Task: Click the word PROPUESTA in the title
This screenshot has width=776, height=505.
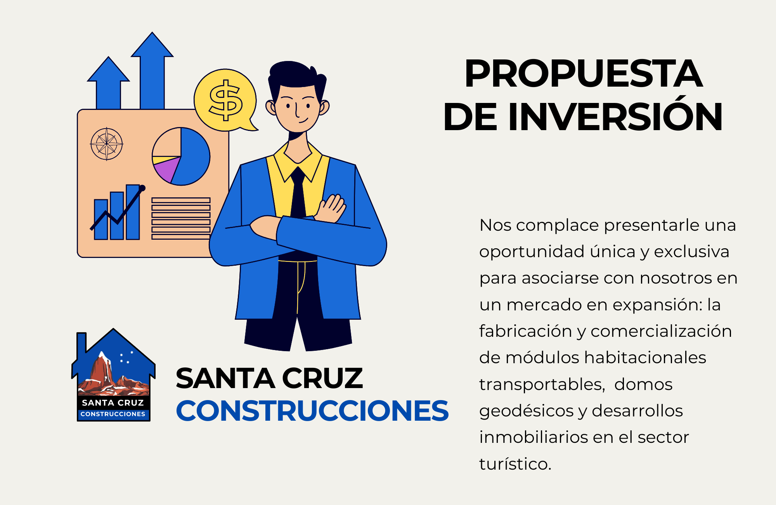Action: pyautogui.click(x=584, y=73)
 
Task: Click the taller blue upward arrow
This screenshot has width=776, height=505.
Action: pyautogui.click(x=152, y=71)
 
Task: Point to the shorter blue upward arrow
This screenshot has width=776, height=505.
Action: pyautogui.click(x=108, y=83)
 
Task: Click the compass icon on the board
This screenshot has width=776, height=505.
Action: pyautogui.click(x=106, y=144)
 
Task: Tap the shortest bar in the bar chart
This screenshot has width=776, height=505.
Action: pyautogui.click(x=101, y=219)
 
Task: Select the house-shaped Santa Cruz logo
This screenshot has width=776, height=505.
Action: pyautogui.click(x=113, y=375)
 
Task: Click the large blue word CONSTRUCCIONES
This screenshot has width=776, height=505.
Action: pyautogui.click(x=312, y=411)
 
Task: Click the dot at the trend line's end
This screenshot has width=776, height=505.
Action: pyautogui.click(x=142, y=188)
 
